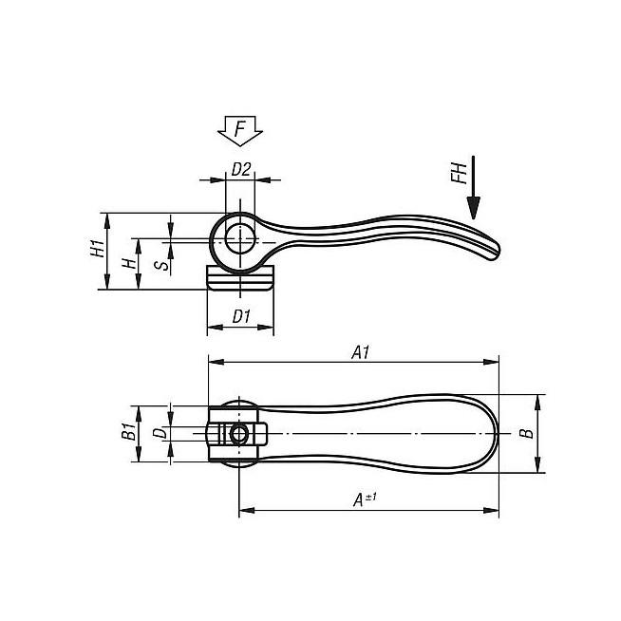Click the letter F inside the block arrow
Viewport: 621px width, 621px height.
tap(240, 129)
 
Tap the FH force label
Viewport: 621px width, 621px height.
tap(460, 174)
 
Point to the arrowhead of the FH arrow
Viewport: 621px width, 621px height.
tap(473, 208)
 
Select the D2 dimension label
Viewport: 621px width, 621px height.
tap(241, 169)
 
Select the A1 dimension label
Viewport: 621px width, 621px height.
tap(361, 352)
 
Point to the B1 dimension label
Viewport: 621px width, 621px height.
tap(128, 431)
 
